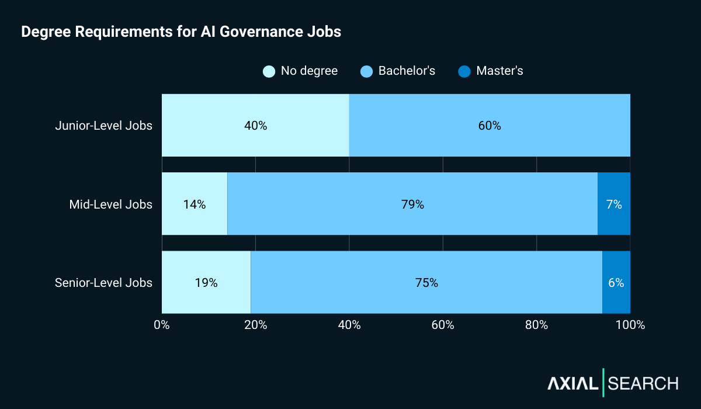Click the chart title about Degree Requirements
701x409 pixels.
point(181,32)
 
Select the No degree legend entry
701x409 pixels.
point(300,71)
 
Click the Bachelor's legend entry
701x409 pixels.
point(398,71)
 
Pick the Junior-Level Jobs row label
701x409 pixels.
point(103,126)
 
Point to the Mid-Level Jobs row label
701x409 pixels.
point(110,204)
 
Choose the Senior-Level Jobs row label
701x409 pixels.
point(103,283)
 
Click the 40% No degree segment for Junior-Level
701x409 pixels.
point(255,126)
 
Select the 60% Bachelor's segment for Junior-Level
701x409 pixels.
point(490,126)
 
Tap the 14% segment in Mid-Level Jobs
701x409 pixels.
point(195,204)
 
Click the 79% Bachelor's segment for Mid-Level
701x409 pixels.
point(412,204)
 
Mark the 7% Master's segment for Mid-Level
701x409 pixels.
point(614,204)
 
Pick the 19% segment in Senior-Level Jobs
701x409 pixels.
point(206,283)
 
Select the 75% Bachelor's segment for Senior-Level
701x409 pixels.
point(426,283)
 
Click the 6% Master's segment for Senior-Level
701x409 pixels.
point(616,283)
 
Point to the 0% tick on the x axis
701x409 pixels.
point(162,325)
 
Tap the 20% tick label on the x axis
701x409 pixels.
point(255,325)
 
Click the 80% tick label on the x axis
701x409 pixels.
point(536,325)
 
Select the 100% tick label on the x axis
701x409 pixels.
point(630,325)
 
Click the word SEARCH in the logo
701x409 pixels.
point(643,383)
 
